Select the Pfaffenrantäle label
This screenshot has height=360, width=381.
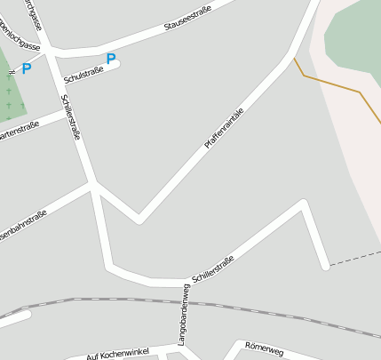[x=223, y=128]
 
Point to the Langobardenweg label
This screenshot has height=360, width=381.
[x=181, y=316]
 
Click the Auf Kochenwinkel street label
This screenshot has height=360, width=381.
[x=117, y=354]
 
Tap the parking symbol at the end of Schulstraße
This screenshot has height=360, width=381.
[x=111, y=60]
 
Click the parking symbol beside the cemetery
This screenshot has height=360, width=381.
[x=26, y=68]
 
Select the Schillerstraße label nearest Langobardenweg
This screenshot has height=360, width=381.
[x=212, y=268]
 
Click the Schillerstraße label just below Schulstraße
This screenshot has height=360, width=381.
[x=71, y=118]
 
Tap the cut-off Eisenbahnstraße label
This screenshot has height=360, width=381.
[x=21, y=228]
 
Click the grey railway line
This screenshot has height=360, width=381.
[x=266, y=311]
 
